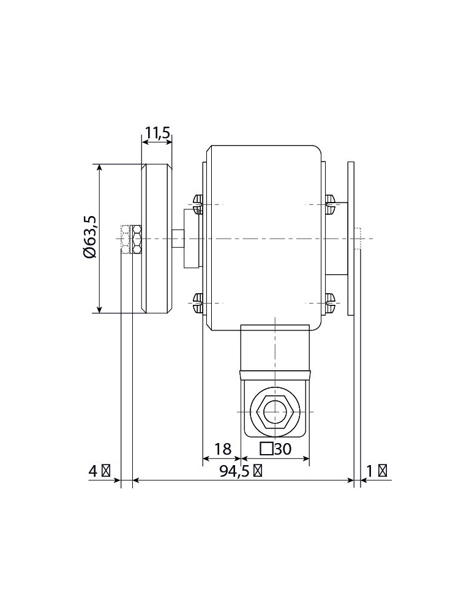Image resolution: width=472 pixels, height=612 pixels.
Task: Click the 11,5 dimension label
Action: tap(158, 133)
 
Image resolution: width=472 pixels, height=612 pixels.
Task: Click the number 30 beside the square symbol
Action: tap(283, 449)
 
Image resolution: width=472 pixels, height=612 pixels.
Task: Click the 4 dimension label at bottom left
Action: tap(93, 471)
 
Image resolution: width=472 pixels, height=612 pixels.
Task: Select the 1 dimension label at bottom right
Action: tap(370, 471)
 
